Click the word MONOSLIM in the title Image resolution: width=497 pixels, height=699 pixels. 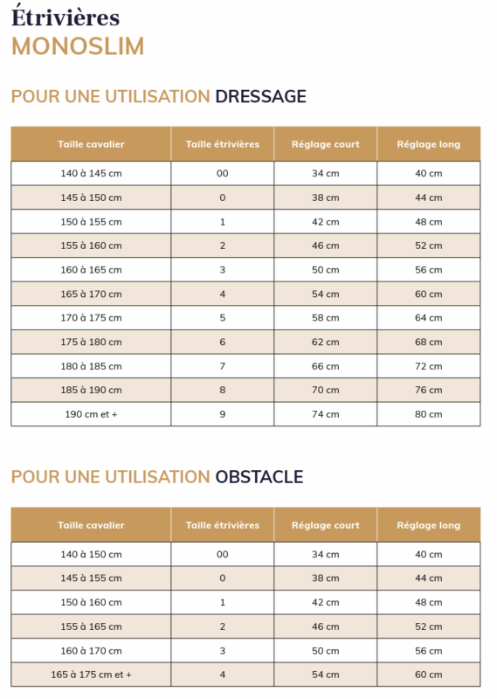click(x=78, y=46)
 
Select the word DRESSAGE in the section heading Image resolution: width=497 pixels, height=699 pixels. click(x=260, y=96)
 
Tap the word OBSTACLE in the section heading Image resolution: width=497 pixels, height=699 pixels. click(x=259, y=477)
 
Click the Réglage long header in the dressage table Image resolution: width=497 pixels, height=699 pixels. click(x=428, y=144)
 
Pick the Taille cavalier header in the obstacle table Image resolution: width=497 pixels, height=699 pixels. click(x=91, y=525)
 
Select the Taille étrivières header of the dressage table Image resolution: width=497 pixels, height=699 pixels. click(x=222, y=144)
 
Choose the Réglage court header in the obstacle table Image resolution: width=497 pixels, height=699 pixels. click(x=325, y=525)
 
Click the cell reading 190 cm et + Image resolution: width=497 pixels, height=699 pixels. click(x=91, y=414)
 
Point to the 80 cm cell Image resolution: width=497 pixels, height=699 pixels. click(x=428, y=414)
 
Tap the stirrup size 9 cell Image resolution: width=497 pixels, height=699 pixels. click(x=222, y=414)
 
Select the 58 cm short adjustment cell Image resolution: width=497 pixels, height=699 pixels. click(x=325, y=318)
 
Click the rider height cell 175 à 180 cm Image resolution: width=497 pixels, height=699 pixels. click(x=91, y=342)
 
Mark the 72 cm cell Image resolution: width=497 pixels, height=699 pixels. click(x=428, y=366)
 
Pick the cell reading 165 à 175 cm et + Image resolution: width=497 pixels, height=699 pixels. click(x=91, y=675)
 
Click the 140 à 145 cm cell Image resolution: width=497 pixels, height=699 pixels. click(x=91, y=173)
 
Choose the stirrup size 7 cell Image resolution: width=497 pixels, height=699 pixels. click(x=222, y=366)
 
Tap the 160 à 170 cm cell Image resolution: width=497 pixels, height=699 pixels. click(x=91, y=650)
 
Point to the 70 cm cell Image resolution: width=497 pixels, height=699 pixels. click(x=325, y=390)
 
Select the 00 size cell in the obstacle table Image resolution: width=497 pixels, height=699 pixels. click(x=222, y=554)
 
